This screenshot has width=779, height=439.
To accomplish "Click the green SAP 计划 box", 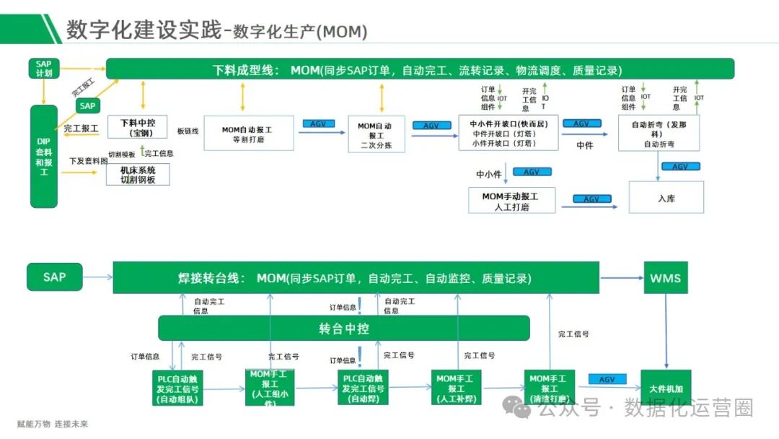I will pos(43,69).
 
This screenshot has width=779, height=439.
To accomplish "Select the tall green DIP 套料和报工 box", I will pos(43,156).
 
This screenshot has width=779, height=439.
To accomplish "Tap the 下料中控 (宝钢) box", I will pos(137,127).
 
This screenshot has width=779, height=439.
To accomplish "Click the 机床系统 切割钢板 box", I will pos(138,175).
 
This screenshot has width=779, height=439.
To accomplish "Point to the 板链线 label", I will pos(188,131).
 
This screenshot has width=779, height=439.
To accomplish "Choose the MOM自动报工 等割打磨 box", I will pos(248,134).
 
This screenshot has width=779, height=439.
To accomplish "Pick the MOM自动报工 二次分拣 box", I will pos(377,134).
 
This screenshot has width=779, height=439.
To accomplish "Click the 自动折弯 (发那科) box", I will pos(659,134).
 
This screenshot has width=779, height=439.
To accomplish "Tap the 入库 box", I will pos(666,198).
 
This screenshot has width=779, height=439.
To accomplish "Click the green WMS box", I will pos(666,278).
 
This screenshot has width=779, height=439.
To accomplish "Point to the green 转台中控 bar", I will pos(344,329).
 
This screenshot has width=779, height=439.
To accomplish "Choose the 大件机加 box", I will pos(666,387).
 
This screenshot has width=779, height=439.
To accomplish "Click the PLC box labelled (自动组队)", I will pos(177,388).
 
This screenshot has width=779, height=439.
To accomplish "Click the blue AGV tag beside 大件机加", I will pos(607,380).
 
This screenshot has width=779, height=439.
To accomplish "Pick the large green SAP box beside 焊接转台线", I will pos(54,277).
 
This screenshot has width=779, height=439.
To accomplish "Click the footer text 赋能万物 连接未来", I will pos(53,424).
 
